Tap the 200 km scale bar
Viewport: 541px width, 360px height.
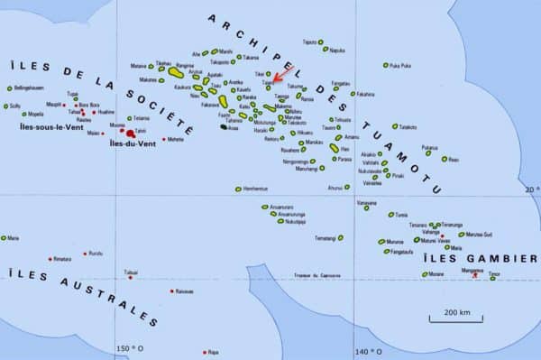tap(455, 316)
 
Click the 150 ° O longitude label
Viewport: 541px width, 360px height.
tap(129, 349)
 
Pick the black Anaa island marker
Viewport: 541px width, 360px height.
tap(222, 127)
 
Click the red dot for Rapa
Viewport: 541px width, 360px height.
tap(206, 351)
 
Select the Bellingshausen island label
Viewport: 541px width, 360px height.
tap(27, 88)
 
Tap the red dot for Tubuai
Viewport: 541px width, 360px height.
tap(131, 277)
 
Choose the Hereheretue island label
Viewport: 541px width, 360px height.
tap(257, 189)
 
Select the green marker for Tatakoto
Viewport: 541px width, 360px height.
tap(395, 127)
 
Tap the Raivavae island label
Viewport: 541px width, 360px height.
tap(184, 291)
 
